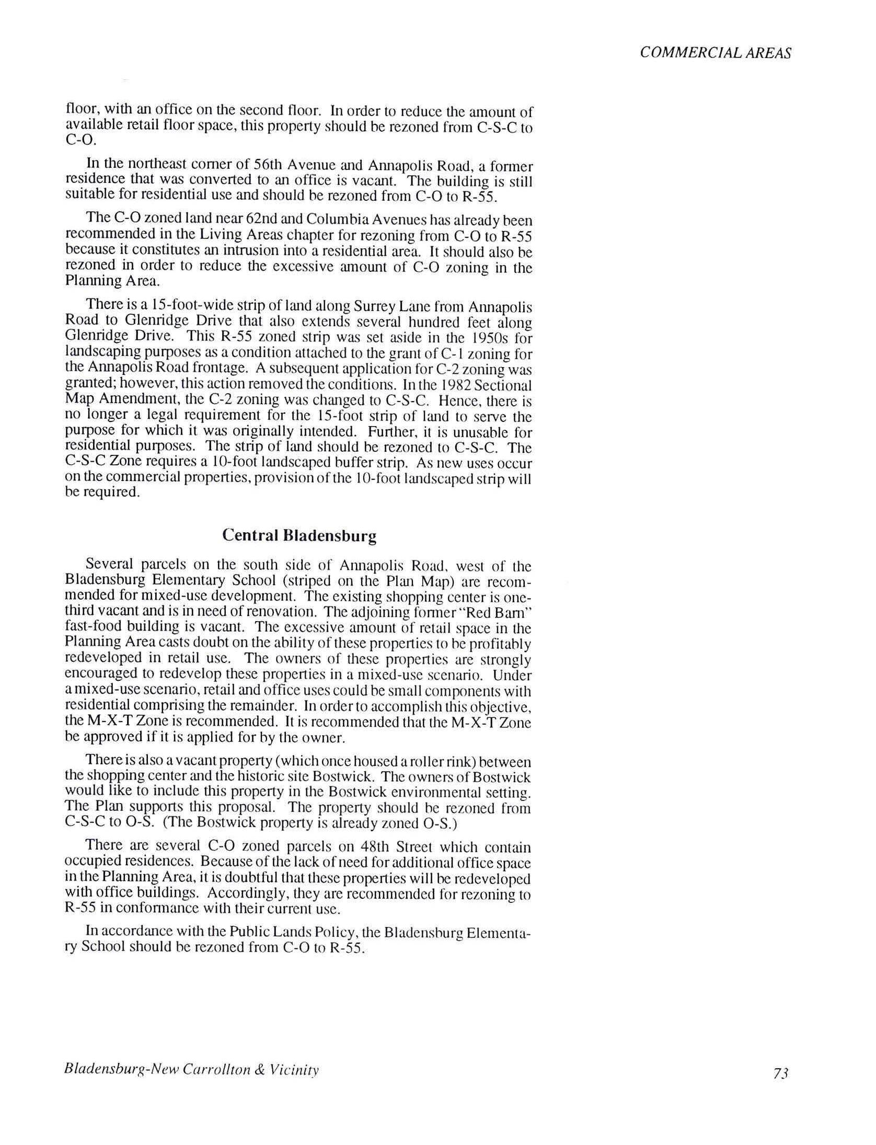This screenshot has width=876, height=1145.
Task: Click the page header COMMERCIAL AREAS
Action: point(715,53)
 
